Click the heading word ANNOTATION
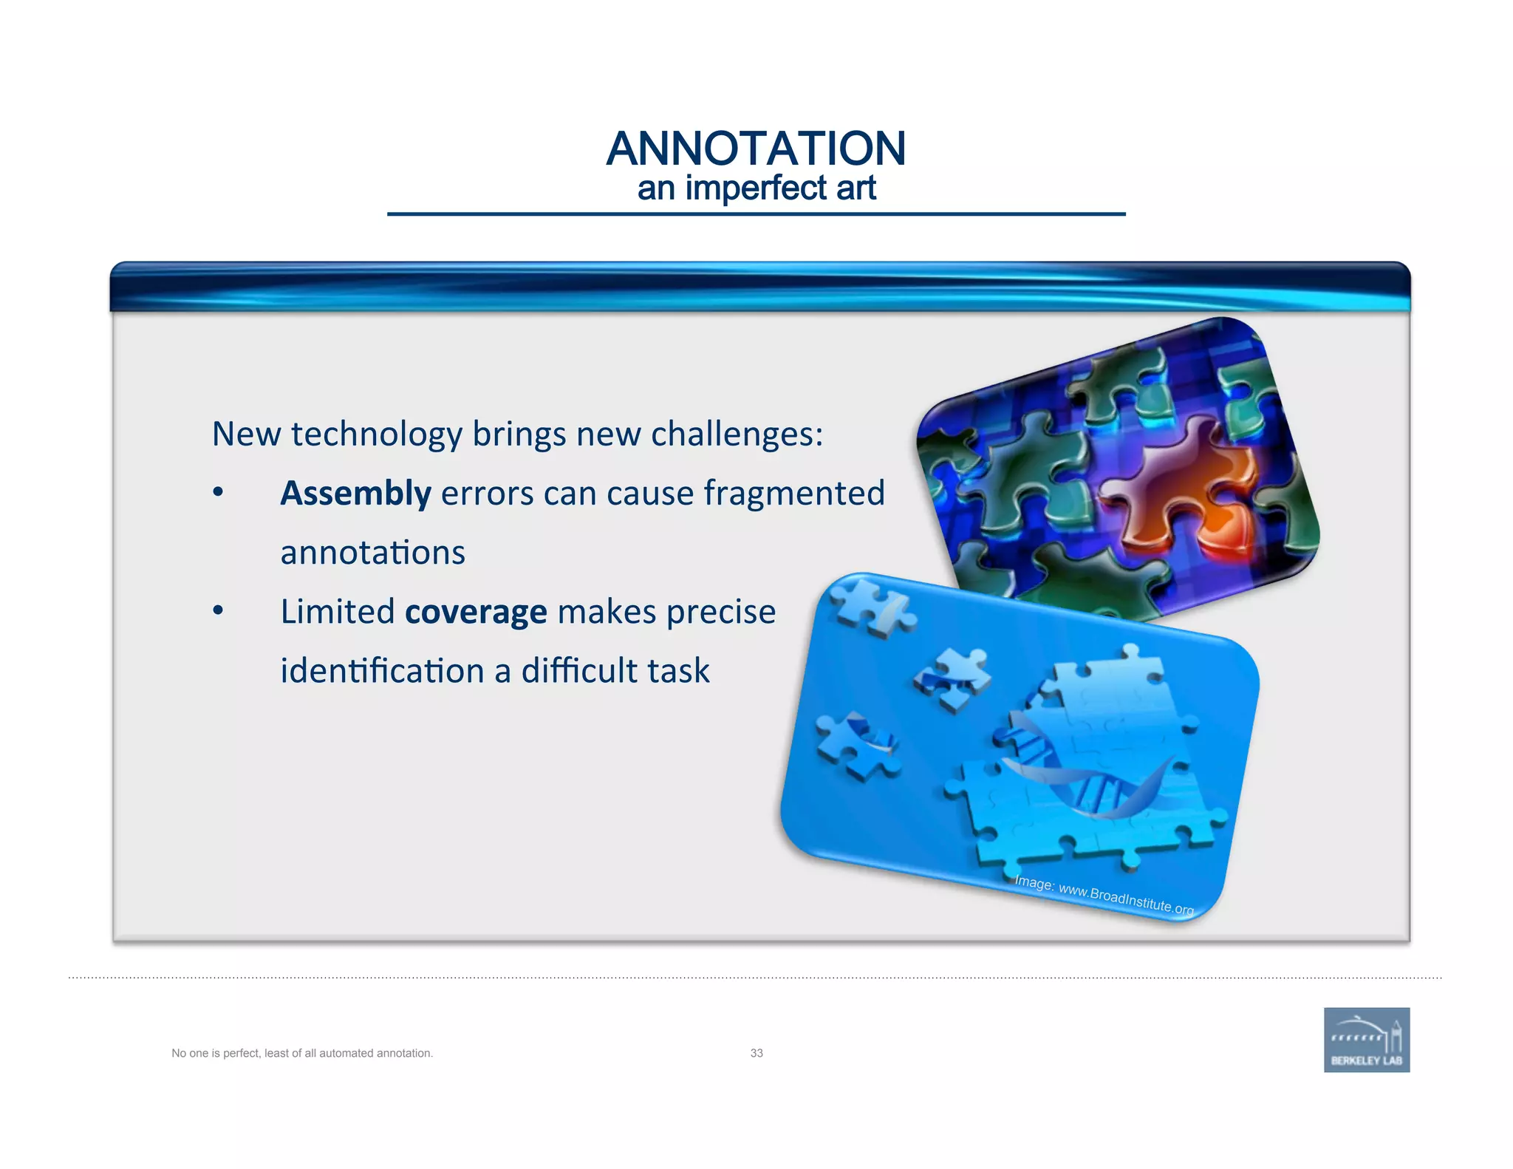(x=756, y=149)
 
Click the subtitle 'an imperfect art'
(x=756, y=188)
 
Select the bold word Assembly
(x=355, y=494)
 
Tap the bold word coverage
(x=476, y=612)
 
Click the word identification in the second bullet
(x=382, y=671)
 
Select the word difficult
(x=579, y=671)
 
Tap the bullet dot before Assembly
(x=218, y=492)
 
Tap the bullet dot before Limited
(x=218, y=610)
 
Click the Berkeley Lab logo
(x=1366, y=1040)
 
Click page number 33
(x=756, y=1053)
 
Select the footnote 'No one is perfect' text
(x=302, y=1053)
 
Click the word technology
(x=377, y=434)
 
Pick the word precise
(x=721, y=612)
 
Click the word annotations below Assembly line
(x=372, y=553)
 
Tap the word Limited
(x=338, y=612)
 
